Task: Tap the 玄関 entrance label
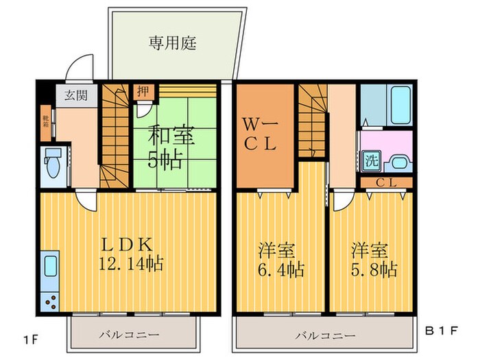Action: tap(75, 95)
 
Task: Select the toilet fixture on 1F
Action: tap(52, 165)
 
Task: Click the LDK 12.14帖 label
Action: tap(131, 254)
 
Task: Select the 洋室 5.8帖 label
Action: tap(373, 259)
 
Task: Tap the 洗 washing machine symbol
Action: tap(371, 163)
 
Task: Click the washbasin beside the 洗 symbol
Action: tap(397, 164)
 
